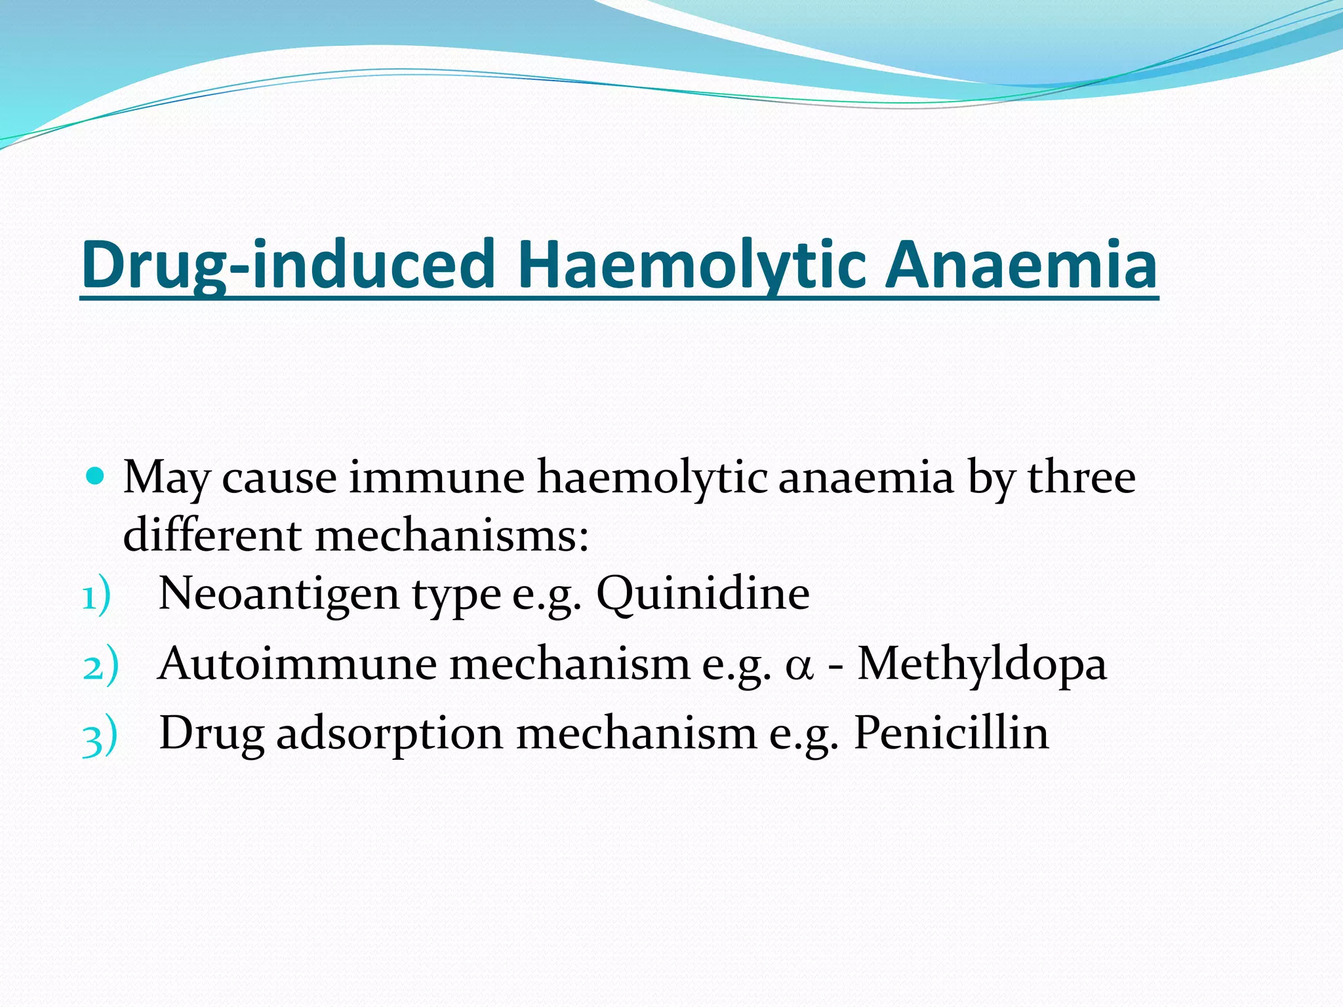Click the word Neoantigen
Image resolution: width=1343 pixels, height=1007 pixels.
click(x=279, y=594)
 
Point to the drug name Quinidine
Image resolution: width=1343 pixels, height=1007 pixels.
click(x=702, y=594)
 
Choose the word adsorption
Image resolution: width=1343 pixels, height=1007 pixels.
click(x=390, y=734)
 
